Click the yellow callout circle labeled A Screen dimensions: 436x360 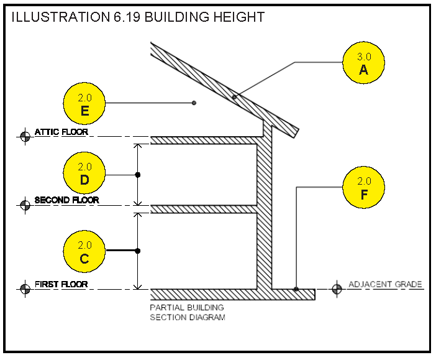tap(363, 63)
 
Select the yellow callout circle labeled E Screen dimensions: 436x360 tap(84, 103)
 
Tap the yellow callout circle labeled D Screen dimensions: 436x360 tap(84, 173)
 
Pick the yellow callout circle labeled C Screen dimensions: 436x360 tap(84, 251)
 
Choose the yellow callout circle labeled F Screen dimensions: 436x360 tap(363, 187)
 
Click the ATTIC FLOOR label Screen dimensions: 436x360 tap(61, 132)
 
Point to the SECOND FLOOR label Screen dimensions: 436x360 tap(66, 200)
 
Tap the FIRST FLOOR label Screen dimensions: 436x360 tap(61, 284)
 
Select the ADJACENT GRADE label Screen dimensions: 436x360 tap(385, 284)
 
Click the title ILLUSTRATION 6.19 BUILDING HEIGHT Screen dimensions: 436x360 tap(138, 17)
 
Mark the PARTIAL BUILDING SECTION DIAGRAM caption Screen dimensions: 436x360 tap(188, 312)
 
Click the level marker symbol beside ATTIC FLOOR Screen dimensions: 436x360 tap(25, 136)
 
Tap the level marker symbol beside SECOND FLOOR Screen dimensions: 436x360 tap(25, 205)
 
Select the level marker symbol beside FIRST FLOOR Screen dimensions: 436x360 tap(25, 289)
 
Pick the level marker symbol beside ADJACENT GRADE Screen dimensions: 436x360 tap(337, 289)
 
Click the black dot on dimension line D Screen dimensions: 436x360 tap(138, 175)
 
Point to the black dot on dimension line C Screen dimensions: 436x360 tap(138, 251)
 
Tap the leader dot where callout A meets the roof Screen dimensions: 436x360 tap(234, 97)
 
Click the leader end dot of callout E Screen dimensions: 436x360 tap(194, 103)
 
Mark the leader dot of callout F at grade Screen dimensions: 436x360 tap(296, 289)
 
